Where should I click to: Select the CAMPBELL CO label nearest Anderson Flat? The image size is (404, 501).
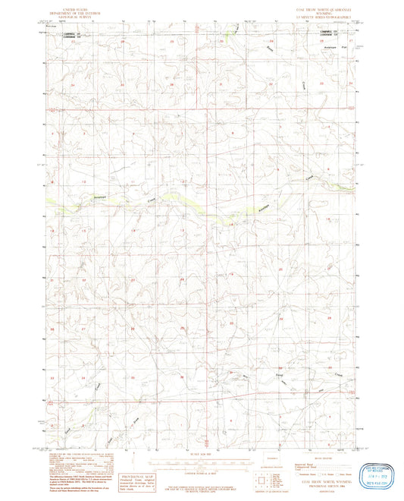coord(327,32)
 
